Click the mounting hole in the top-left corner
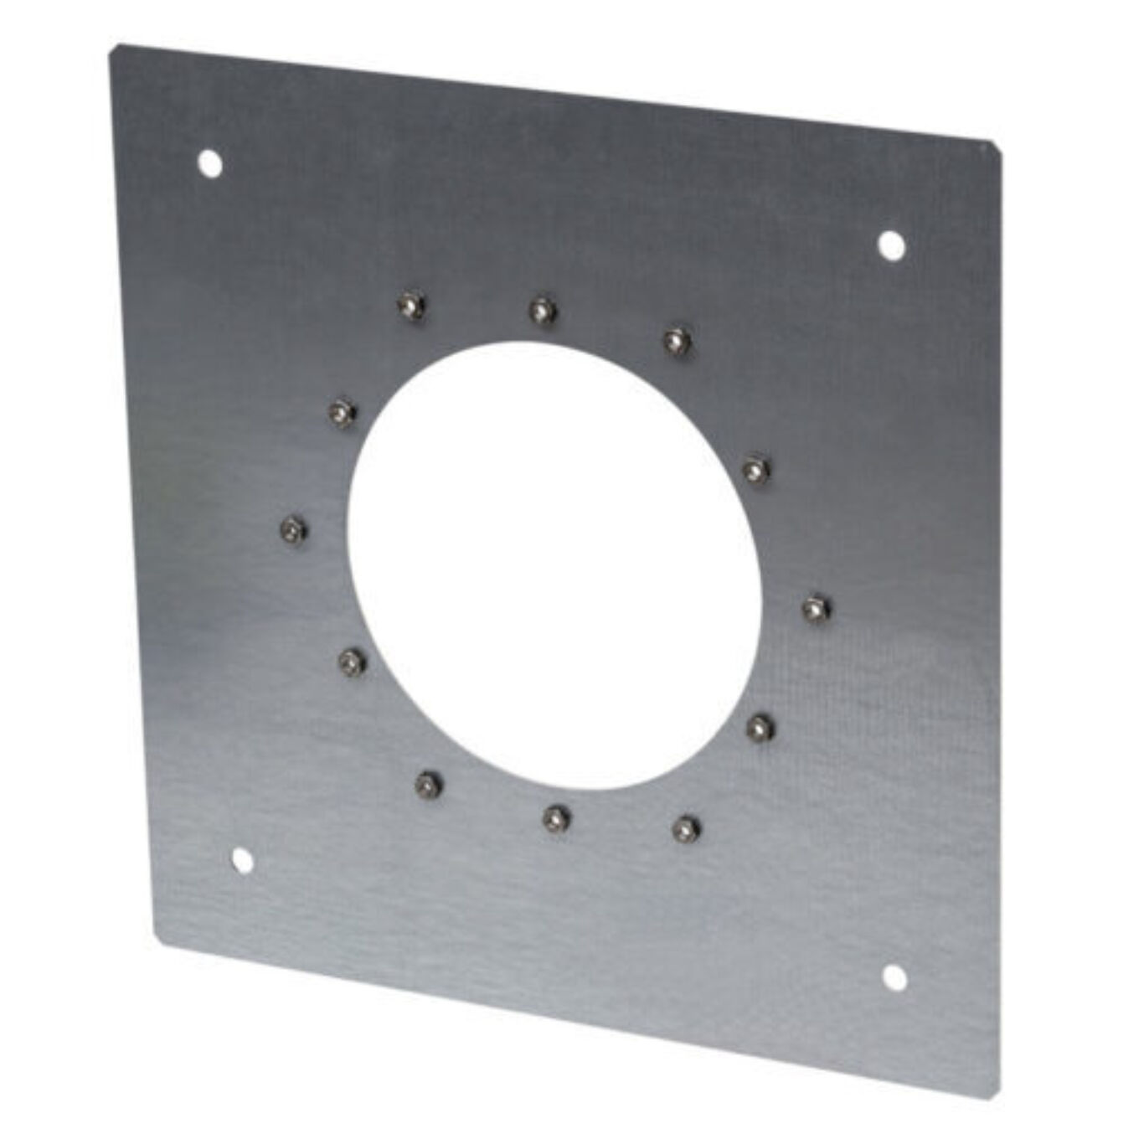pyautogui.click(x=209, y=162)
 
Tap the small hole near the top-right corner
pyautogui.click(x=891, y=244)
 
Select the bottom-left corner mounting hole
pyautogui.click(x=241, y=860)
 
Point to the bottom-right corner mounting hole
pyautogui.click(x=894, y=977)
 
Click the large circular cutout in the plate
pyautogui.click(x=553, y=565)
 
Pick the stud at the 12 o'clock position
pyautogui.click(x=543, y=311)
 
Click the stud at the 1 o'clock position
pyautogui.click(x=675, y=339)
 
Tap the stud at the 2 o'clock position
pyautogui.click(x=755, y=468)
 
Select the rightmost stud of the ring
pyautogui.click(x=815, y=607)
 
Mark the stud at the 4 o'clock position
pyautogui.click(x=759, y=727)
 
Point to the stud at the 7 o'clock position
pyautogui.click(x=429, y=784)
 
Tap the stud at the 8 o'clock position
pyautogui.click(x=352, y=662)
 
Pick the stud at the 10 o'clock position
pyautogui.click(x=340, y=411)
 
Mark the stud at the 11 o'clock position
pyautogui.click(x=410, y=304)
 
